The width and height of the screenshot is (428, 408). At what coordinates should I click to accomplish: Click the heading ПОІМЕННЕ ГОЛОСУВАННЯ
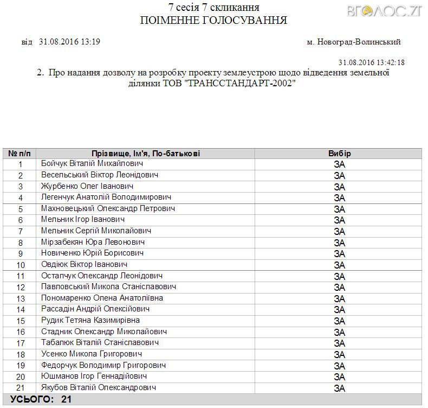click(x=213, y=21)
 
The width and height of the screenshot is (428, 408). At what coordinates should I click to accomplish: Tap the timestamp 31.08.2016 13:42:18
click(x=371, y=63)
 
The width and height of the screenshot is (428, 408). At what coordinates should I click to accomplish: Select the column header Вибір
click(x=339, y=154)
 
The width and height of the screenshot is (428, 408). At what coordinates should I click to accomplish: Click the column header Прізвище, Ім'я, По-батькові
click(x=146, y=154)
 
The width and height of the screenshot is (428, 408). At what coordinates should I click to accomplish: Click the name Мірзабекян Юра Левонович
click(x=93, y=242)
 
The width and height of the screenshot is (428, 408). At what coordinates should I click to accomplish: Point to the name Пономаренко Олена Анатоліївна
click(x=102, y=298)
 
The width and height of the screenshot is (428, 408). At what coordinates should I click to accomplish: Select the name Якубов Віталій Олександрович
click(x=99, y=387)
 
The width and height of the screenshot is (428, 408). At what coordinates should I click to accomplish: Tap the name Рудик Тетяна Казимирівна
click(x=90, y=320)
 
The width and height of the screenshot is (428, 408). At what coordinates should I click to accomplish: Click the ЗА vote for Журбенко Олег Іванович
click(x=339, y=187)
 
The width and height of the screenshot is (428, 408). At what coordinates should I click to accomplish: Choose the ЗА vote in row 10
click(x=339, y=265)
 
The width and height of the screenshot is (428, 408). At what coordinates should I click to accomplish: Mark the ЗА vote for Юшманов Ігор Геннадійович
click(x=339, y=377)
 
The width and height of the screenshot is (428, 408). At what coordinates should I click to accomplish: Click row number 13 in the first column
click(x=21, y=298)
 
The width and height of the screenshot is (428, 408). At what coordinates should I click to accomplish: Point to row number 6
click(x=21, y=220)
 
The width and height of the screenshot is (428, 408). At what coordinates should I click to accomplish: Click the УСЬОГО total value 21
click(x=66, y=399)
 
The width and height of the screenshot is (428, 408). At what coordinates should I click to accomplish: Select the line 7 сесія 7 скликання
click(x=213, y=8)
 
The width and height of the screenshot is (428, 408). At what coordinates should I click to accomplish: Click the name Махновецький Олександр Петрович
click(x=108, y=208)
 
